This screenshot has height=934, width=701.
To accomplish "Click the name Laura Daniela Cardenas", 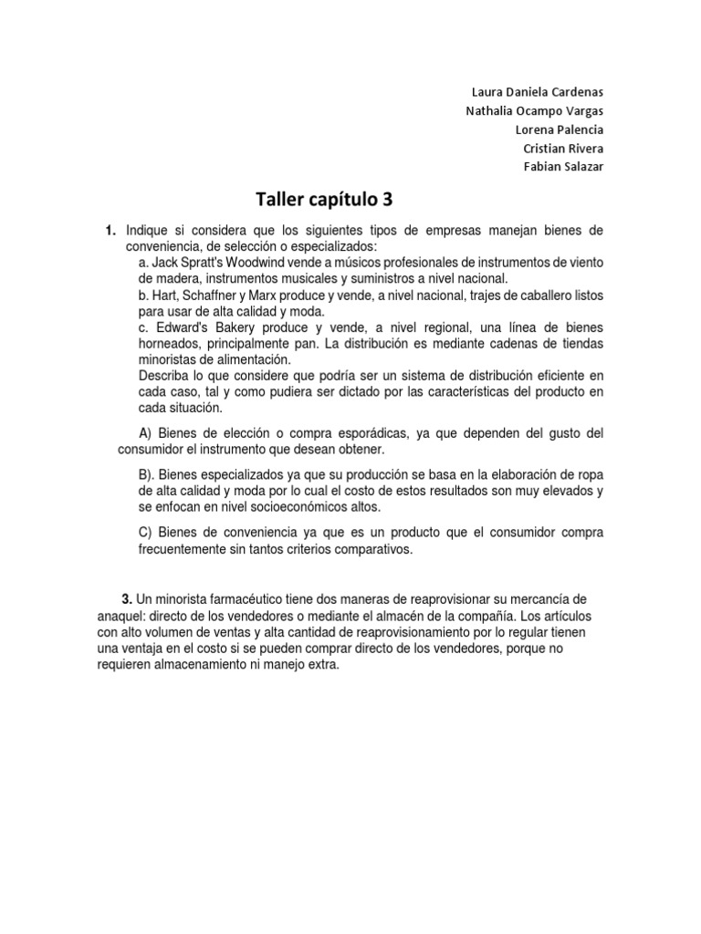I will [x=537, y=93].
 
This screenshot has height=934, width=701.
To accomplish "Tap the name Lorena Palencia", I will [x=559, y=130].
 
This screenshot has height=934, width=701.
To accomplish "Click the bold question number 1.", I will [x=110, y=231].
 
